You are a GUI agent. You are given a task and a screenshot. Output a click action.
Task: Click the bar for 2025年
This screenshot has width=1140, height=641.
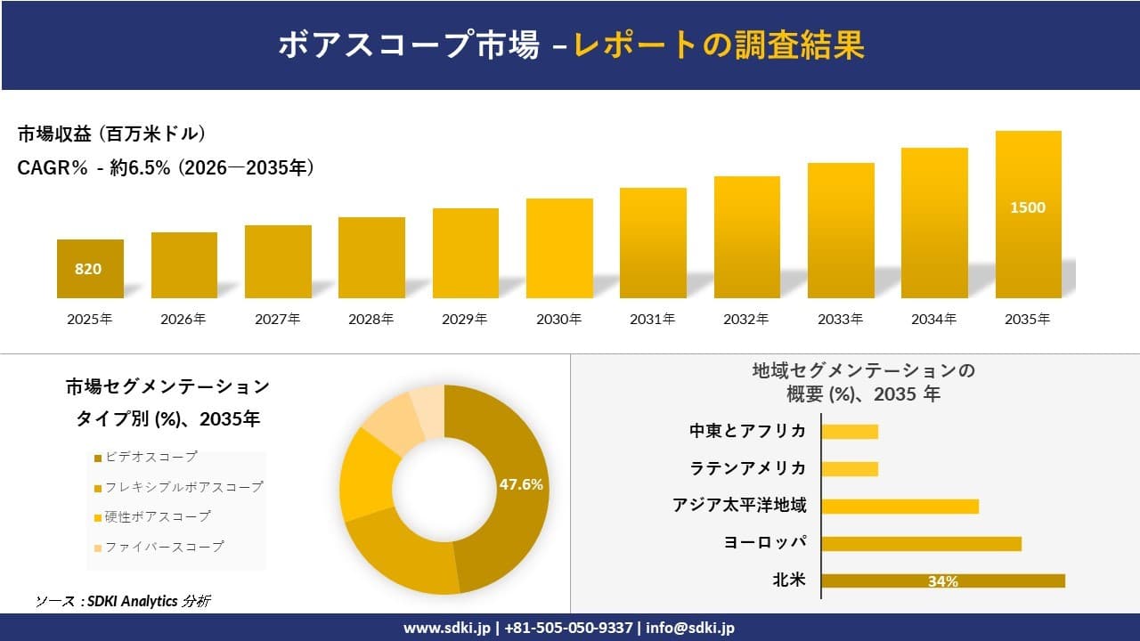tap(90, 269)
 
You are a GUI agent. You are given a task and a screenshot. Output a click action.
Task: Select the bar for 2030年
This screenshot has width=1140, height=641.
tap(559, 248)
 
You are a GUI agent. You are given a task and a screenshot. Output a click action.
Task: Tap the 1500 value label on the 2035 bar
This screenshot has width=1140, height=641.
tap(1028, 207)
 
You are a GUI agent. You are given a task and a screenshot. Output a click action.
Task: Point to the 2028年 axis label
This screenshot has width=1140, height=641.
tap(370, 319)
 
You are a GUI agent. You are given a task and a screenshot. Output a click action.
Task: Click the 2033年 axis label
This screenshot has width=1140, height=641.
tap(840, 319)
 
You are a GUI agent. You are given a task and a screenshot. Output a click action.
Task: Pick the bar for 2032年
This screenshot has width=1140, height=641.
tap(746, 238)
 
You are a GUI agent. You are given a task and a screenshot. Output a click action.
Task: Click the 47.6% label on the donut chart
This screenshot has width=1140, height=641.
tap(521, 485)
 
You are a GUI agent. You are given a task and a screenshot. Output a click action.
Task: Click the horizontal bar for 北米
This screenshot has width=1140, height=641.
tap(942, 581)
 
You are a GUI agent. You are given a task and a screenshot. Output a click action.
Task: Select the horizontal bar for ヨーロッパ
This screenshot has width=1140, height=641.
tap(921, 543)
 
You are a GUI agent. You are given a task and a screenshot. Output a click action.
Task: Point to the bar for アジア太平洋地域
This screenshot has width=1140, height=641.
tap(900, 506)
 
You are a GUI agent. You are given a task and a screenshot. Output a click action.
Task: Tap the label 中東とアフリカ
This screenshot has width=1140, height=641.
tap(747, 431)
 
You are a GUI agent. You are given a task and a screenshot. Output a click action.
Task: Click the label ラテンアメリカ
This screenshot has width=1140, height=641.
tap(747, 468)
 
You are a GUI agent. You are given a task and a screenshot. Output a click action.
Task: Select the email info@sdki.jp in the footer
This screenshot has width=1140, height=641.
tap(690, 628)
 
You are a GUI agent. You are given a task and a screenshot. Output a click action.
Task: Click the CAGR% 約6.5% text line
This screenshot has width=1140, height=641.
tap(166, 168)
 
